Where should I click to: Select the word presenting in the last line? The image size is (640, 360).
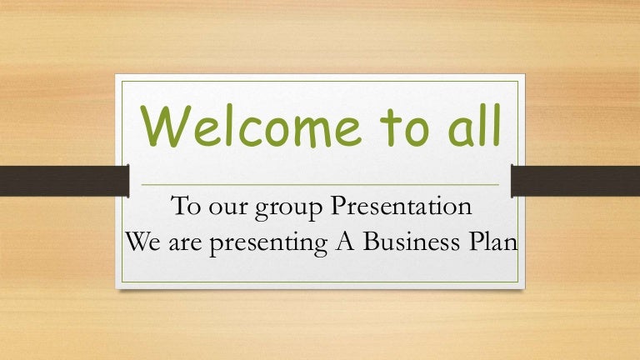point(284,242)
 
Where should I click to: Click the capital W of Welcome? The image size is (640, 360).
point(162,127)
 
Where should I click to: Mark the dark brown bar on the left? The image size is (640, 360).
point(62,181)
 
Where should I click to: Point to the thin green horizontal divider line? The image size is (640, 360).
point(320,184)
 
